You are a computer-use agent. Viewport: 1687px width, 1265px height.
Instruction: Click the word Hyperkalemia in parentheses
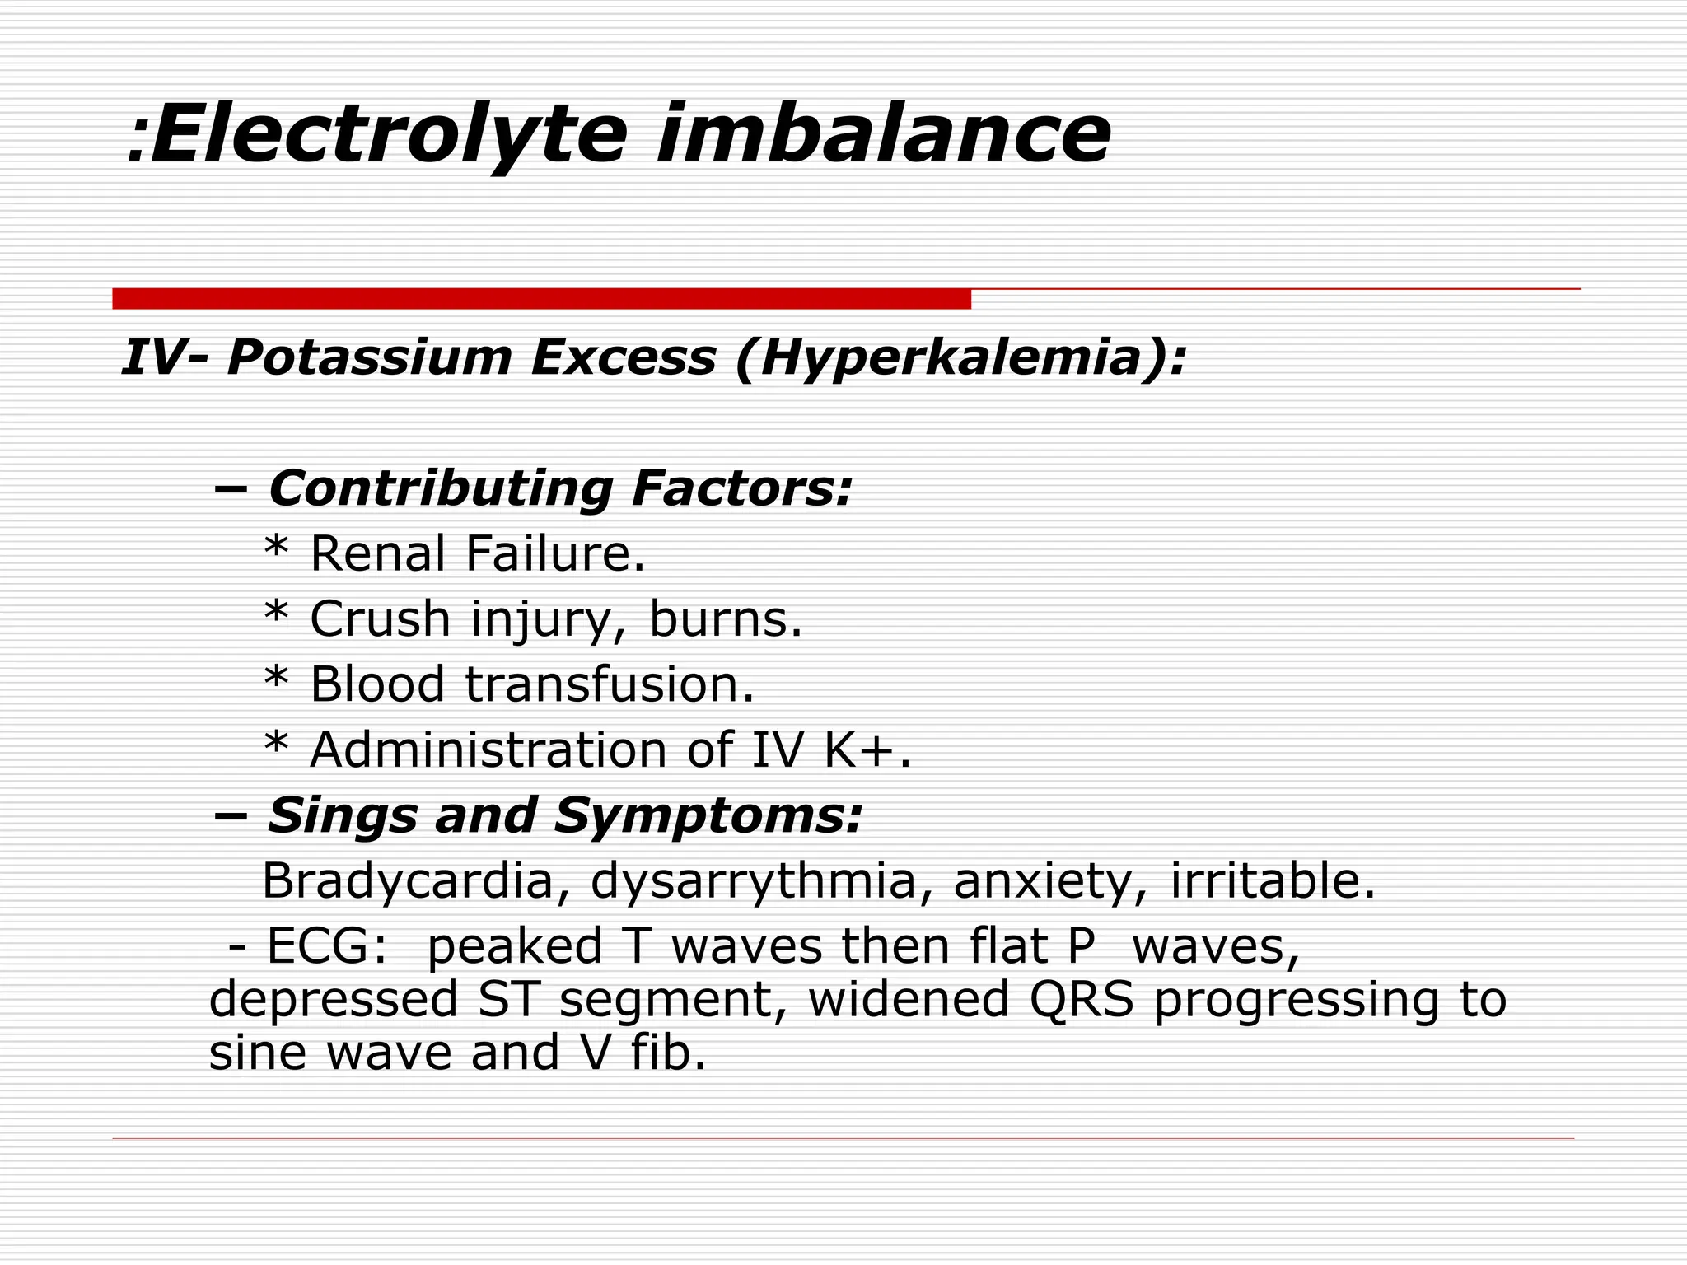tap(960, 358)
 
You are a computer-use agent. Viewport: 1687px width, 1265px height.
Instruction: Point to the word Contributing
tap(441, 488)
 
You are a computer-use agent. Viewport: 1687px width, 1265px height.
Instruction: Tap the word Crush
tap(381, 618)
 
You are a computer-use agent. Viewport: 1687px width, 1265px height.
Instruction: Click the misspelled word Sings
tap(342, 816)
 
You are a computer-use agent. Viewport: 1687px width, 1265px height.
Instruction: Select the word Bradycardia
tap(408, 880)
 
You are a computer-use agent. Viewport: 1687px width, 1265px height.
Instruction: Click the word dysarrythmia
tap(753, 881)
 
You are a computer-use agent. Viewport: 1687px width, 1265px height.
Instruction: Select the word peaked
tap(515, 947)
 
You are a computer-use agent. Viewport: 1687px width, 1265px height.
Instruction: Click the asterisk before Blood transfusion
tap(276, 680)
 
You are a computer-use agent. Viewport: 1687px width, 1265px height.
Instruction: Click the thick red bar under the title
tap(541, 299)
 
